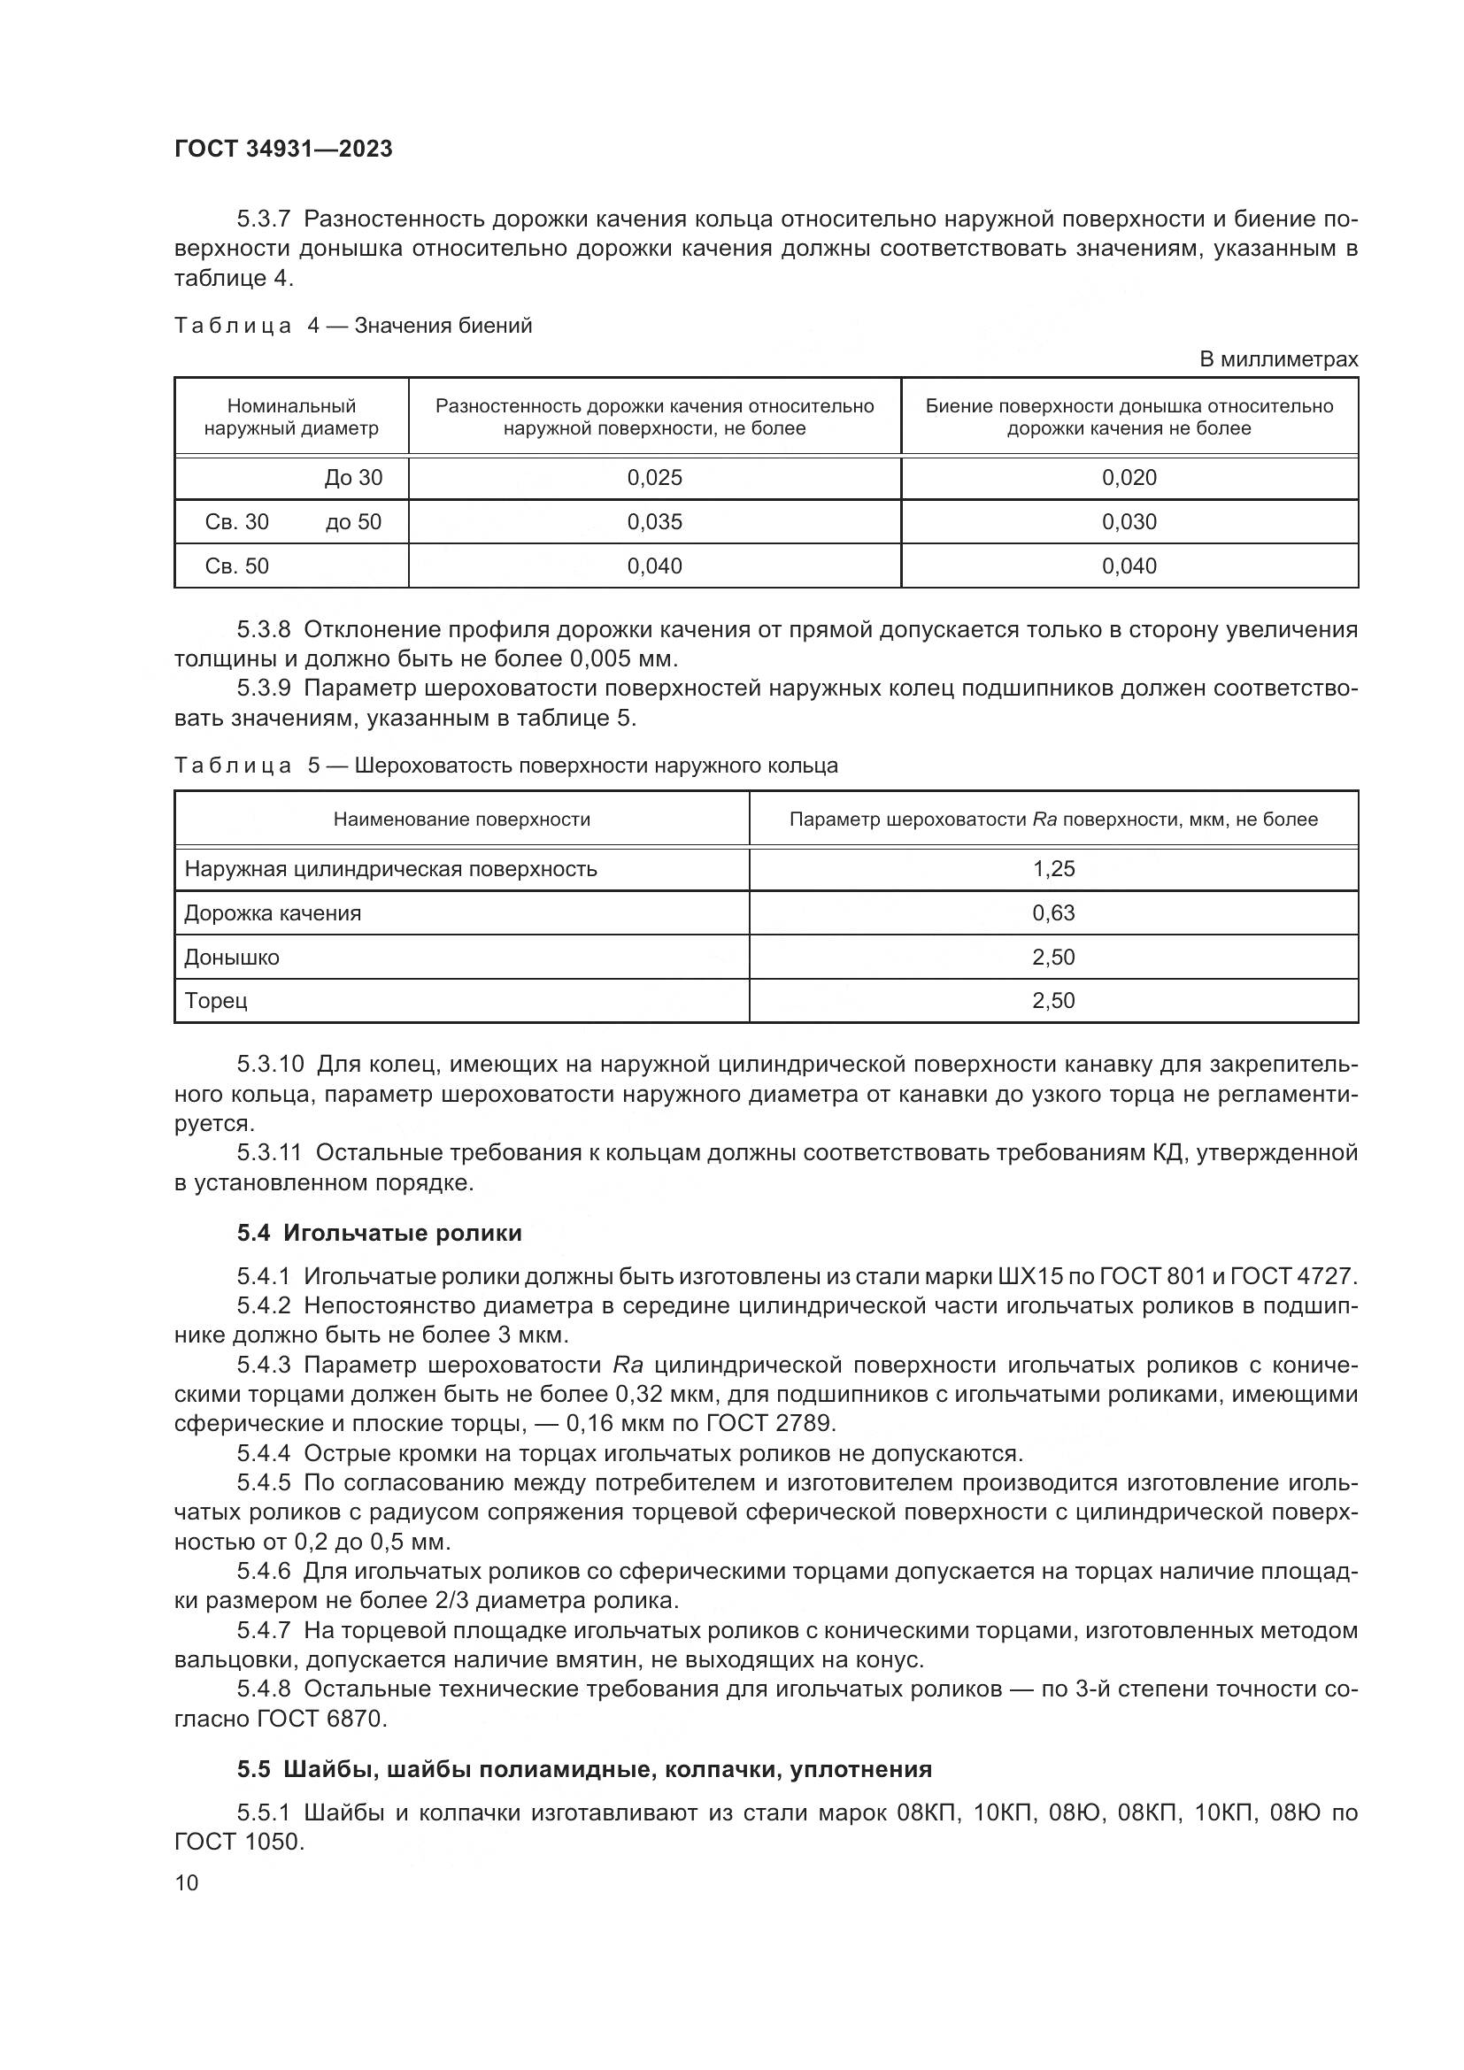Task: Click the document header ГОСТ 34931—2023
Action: point(283,149)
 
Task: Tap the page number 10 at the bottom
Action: point(187,1882)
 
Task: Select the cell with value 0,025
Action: point(654,478)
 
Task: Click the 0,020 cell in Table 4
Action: point(1129,478)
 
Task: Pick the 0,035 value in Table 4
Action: point(654,522)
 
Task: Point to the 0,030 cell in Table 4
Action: point(1129,522)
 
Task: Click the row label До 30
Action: point(353,478)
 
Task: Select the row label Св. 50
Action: point(237,566)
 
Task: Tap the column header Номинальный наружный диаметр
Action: point(291,417)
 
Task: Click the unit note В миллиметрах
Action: point(1278,359)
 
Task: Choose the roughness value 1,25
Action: point(1053,869)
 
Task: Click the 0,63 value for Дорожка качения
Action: point(1053,913)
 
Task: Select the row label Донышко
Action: point(232,958)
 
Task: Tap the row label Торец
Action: point(215,1001)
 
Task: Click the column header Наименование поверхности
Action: point(461,820)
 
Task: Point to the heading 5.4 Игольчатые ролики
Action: point(380,1233)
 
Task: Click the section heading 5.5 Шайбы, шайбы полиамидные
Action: point(584,1769)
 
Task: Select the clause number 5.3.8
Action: point(264,629)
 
